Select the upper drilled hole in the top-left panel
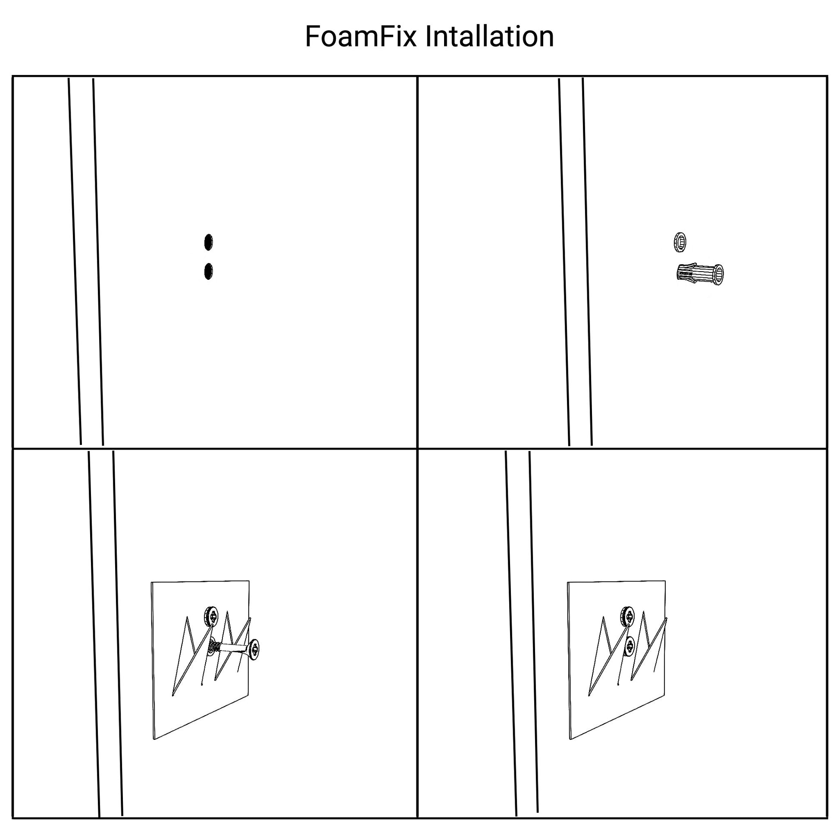pos(208,242)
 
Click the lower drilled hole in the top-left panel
pos(208,272)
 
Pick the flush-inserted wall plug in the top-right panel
pos(680,242)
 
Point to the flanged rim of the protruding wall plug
pos(718,274)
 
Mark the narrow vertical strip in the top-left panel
pos(86,261)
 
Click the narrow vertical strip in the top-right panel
pos(576,261)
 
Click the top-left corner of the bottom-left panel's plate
pos(152,582)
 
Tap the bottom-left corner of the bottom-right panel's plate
pos(570,739)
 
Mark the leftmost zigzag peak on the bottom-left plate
pos(187,617)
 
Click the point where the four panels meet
pos(417,448)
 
